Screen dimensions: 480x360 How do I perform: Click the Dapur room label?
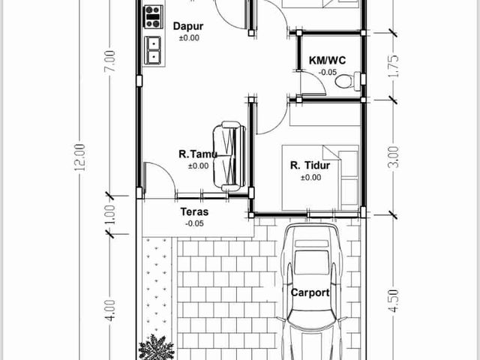coord(188,26)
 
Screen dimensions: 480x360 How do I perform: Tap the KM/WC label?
coord(327,60)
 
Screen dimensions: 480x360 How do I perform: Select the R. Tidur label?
coord(310,166)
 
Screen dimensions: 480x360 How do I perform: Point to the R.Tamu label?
coord(198,154)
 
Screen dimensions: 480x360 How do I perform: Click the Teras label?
coord(194,211)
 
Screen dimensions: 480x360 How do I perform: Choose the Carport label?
coord(310,292)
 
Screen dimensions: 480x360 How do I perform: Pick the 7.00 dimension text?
coord(110,61)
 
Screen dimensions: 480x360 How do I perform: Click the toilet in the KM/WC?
coord(348,80)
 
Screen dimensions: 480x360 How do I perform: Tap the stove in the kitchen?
coord(153,16)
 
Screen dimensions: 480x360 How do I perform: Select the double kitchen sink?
coord(153,50)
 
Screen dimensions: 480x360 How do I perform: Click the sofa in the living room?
coord(229,156)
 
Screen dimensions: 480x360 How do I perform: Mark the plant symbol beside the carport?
coord(156,347)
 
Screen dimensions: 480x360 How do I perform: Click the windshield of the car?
coord(310,262)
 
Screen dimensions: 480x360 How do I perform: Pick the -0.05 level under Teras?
coord(194,223)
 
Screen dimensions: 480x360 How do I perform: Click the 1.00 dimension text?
coord(110,214)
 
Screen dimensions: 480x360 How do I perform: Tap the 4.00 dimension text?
coord(110,310)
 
